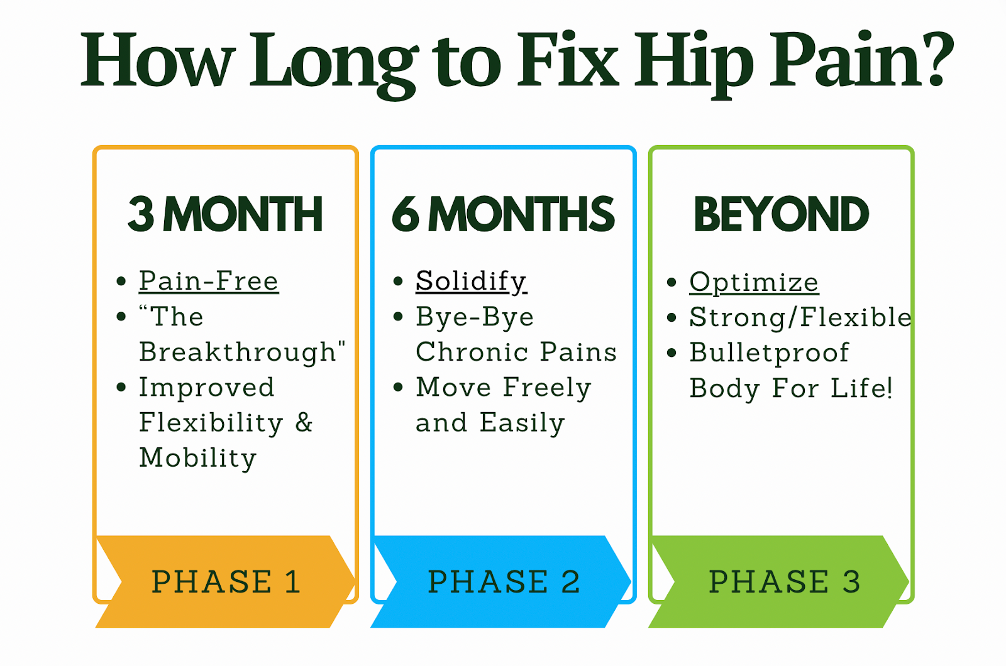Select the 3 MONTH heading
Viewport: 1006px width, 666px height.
click(225, 214)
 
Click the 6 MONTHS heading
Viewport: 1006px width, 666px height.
click(503, 214)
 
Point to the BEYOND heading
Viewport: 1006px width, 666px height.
click(781, 214)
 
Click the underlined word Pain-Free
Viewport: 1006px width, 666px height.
click(208, 281)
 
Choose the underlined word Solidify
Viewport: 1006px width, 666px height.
click(471, 281)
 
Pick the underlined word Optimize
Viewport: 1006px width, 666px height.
click(753, 282)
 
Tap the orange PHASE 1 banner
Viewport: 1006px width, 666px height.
click(225, 581)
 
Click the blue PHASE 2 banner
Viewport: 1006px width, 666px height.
click(503, 581)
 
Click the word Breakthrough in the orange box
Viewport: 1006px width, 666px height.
click(238, 352)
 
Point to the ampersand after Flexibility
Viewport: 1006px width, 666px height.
click(304, 422)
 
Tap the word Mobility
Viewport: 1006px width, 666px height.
click(197, 457)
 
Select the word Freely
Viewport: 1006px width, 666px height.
click(547, 388)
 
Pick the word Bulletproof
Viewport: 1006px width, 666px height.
click(769, 352)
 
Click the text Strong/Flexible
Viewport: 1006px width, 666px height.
click(800, 317)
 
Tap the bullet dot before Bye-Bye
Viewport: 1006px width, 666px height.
click(397, 317)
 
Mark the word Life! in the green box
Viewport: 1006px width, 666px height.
click(861, 388)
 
